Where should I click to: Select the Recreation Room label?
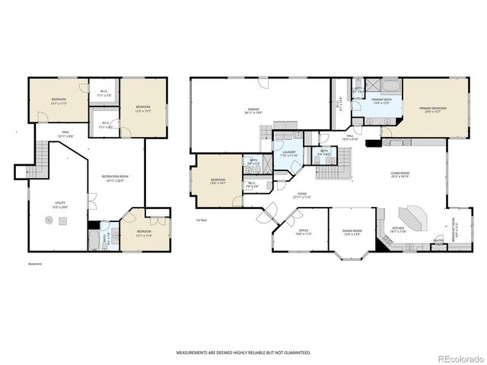click(x=115, y=179)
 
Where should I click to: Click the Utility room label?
click(x=59, y=204)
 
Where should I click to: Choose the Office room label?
click(x=303, y=233)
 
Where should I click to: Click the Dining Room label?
click(x=352, y=232)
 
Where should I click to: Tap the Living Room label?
click(x=401, y=175)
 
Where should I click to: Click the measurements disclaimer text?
click(x=243, y=353)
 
